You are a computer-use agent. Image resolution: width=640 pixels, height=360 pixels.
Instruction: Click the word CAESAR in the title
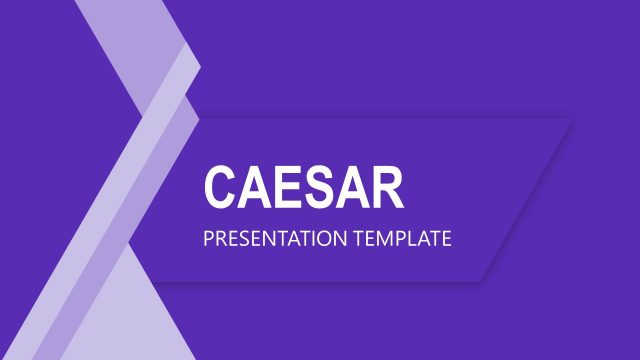click(304, 187)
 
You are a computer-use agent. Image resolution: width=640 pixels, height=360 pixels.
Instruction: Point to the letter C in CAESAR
click(220, 187)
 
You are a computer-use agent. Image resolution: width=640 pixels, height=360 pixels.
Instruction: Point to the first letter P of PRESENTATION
click(208, 240)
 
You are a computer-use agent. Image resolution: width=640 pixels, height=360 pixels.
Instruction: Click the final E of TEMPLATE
click(446, 240)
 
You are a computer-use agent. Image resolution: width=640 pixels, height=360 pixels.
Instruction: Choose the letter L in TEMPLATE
click(413, 240)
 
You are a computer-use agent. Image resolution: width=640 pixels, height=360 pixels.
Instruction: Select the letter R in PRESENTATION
click(220, 240)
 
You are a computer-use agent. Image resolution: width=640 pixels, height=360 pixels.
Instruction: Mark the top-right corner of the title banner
click(572, 120)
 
